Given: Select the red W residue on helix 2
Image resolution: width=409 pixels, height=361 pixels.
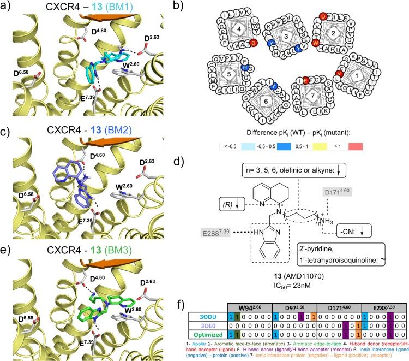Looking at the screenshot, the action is [315, 43].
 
